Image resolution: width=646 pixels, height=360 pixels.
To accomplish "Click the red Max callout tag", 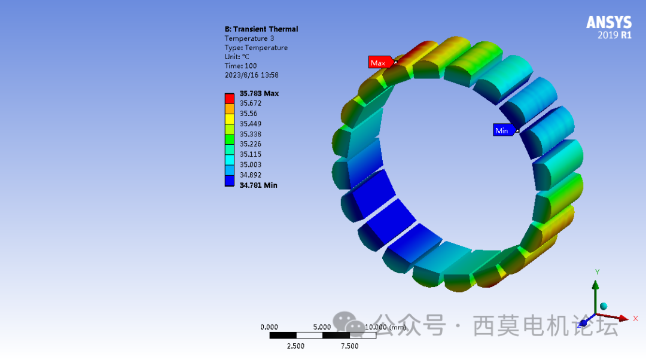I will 380,62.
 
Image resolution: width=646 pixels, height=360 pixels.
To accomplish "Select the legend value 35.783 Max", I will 259,93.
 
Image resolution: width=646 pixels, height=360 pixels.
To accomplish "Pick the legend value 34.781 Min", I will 258,185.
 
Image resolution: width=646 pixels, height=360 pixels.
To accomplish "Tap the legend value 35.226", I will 251,144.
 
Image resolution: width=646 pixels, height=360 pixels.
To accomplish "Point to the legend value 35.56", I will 248,114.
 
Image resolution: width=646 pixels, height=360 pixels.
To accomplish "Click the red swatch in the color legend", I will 230,97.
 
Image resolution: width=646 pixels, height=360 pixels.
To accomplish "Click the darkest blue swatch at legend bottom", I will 230,182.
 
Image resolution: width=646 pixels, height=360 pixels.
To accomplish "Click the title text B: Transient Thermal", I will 261,29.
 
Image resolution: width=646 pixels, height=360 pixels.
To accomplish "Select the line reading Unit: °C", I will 237,57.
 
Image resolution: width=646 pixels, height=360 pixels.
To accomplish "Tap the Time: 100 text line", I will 240,66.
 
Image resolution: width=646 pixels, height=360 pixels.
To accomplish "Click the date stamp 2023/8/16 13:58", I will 251,75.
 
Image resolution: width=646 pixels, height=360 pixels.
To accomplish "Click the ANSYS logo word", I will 608,23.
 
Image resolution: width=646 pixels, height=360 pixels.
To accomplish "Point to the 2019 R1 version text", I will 614,35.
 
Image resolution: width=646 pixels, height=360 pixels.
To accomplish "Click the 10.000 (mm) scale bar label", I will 385,327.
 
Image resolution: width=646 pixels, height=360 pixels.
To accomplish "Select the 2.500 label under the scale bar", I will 295,346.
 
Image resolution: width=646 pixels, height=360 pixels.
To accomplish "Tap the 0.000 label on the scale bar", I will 269,327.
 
